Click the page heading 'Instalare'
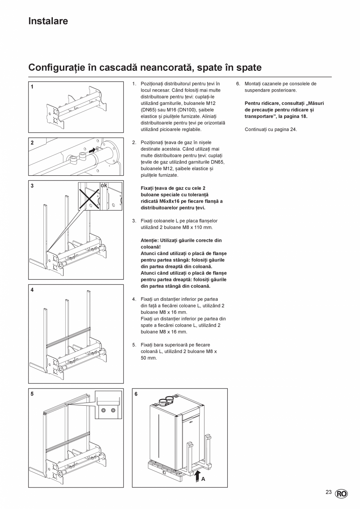coord(48,21)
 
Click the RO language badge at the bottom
coord(341,494)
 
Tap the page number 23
coord(328,493)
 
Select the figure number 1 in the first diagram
coord(32,87)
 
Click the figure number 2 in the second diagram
coord(32,143)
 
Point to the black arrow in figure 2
coord(92,150)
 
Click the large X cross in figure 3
coord(89,198)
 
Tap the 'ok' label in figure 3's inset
coord(104,185)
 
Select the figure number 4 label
coord(32,290)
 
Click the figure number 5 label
coord(32,394)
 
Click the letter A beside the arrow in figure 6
coord(203,478)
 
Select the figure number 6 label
coord(136,394)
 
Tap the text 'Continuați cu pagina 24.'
coord(271,129)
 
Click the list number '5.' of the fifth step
coord(134,345)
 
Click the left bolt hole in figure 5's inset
coord(103,410)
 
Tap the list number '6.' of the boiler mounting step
coord(238,84)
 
